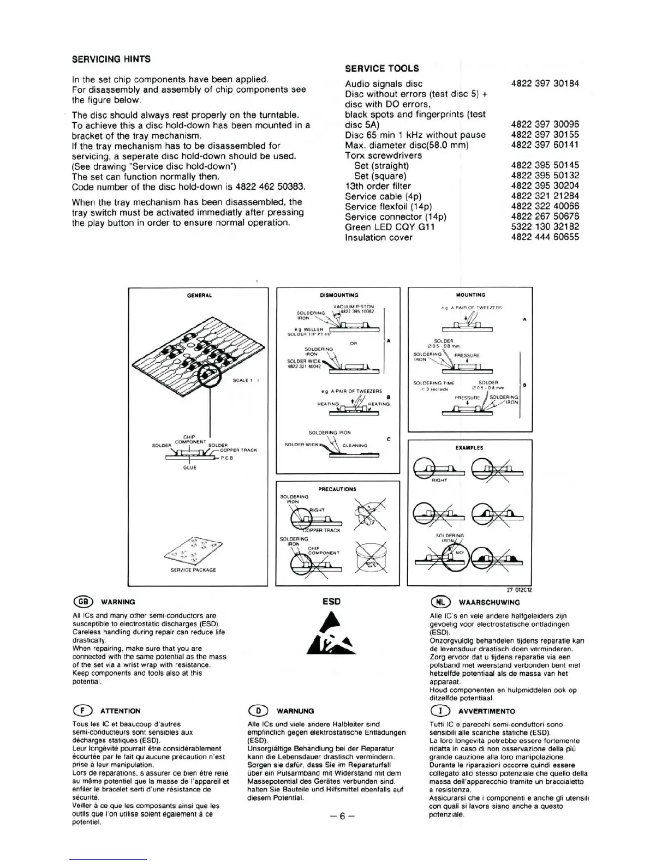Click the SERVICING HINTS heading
(111, 59)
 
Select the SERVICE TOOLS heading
(382, 68)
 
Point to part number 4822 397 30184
(545, 83)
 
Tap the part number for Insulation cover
(545, 237)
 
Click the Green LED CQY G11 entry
(390, 227)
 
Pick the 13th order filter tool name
(378, 186)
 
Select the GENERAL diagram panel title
(199, 296)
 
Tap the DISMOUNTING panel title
(339, 295)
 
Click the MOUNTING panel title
(470, 295)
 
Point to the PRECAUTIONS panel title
(337, 489)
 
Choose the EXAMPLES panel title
(469, 448)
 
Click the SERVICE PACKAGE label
(193, 570)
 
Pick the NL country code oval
(440, 602)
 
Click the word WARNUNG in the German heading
(295, 711)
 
